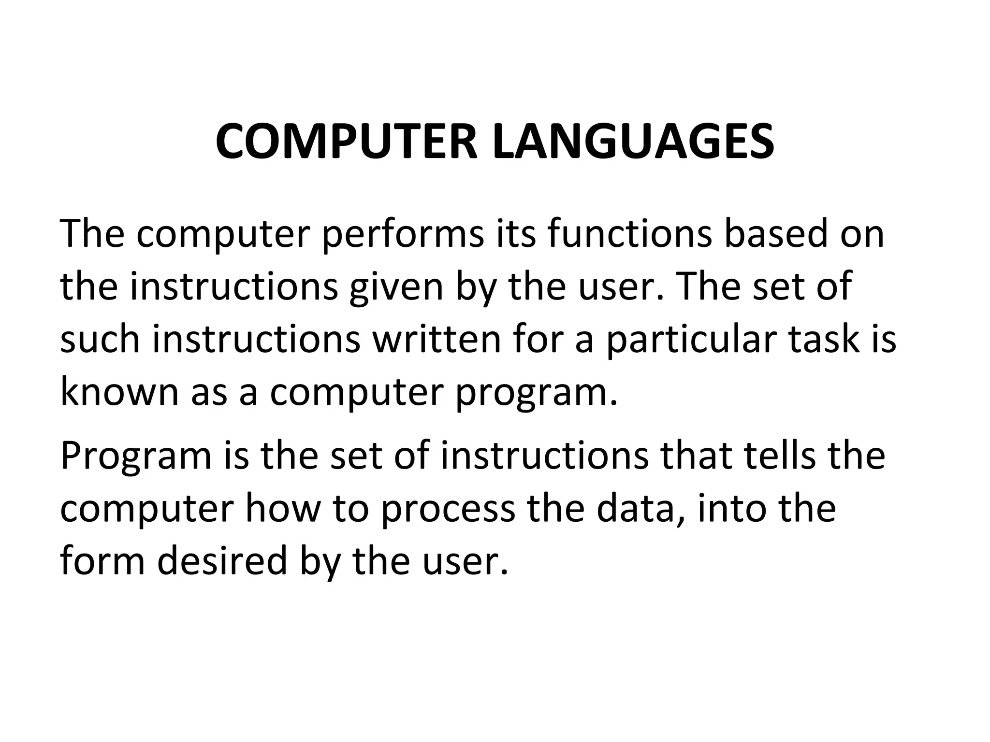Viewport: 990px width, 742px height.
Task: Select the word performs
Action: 403,234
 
